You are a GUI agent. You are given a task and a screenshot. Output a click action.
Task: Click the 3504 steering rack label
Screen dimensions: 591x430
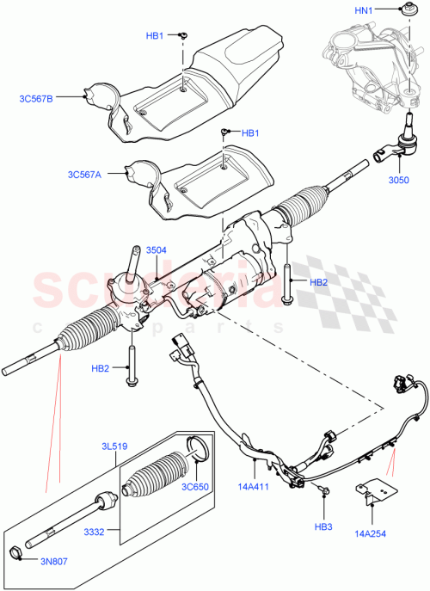tap(156, 250)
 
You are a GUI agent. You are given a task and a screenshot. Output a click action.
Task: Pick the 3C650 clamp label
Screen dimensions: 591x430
tap(196, 486)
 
